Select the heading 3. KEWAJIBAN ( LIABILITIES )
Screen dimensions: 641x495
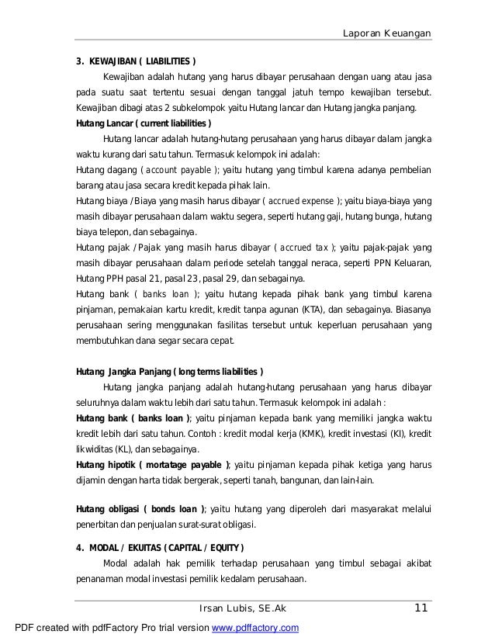pos(136,61)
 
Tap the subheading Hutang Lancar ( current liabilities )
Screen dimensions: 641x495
pos(144,123)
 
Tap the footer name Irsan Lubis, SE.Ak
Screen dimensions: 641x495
pos(244,608)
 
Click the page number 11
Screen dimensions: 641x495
pos(421,608)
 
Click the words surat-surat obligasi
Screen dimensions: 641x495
pos(225,525)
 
